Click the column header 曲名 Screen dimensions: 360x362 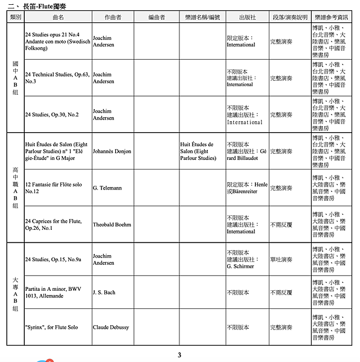[x=58, y=17]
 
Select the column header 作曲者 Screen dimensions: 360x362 [x=112, y=17]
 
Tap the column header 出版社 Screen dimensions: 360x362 [x=247, y=17]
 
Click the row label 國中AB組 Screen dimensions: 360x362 [x=15, y=78]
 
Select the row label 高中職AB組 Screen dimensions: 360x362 [x=15, y=188]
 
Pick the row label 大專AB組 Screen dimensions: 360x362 [x=15, y=294]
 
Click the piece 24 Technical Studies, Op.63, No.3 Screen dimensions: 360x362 [x=57, y=78]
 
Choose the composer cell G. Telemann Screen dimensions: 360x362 [x=107, y=188]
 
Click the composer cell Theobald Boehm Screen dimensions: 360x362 [x=112, y=224]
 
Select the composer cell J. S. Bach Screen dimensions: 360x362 [x=103, y=293]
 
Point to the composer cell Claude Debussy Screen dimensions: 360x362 [x=111, y=328]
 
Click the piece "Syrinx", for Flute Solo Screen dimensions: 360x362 [x=51, y=328]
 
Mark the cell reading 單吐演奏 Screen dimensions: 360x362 [x=281, y=259]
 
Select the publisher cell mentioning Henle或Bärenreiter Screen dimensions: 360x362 [x=247, y=188]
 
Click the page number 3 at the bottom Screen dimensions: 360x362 [x=179, y=355]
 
